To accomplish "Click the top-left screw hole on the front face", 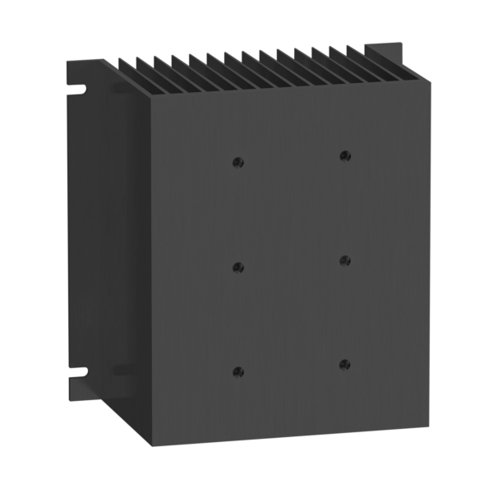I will pyautogui.click(x=238, y=162).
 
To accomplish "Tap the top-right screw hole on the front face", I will pyautogui.click(x=345, y=155).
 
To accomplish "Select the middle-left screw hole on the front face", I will pyautogui.click(x=238, y=267).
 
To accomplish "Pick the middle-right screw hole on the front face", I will pyautogui.click(x=345, y=260).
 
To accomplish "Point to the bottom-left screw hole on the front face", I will pyautogui.click(x=238, y=371).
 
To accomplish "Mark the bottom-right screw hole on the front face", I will pyautogui.click(x=345, y=363).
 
